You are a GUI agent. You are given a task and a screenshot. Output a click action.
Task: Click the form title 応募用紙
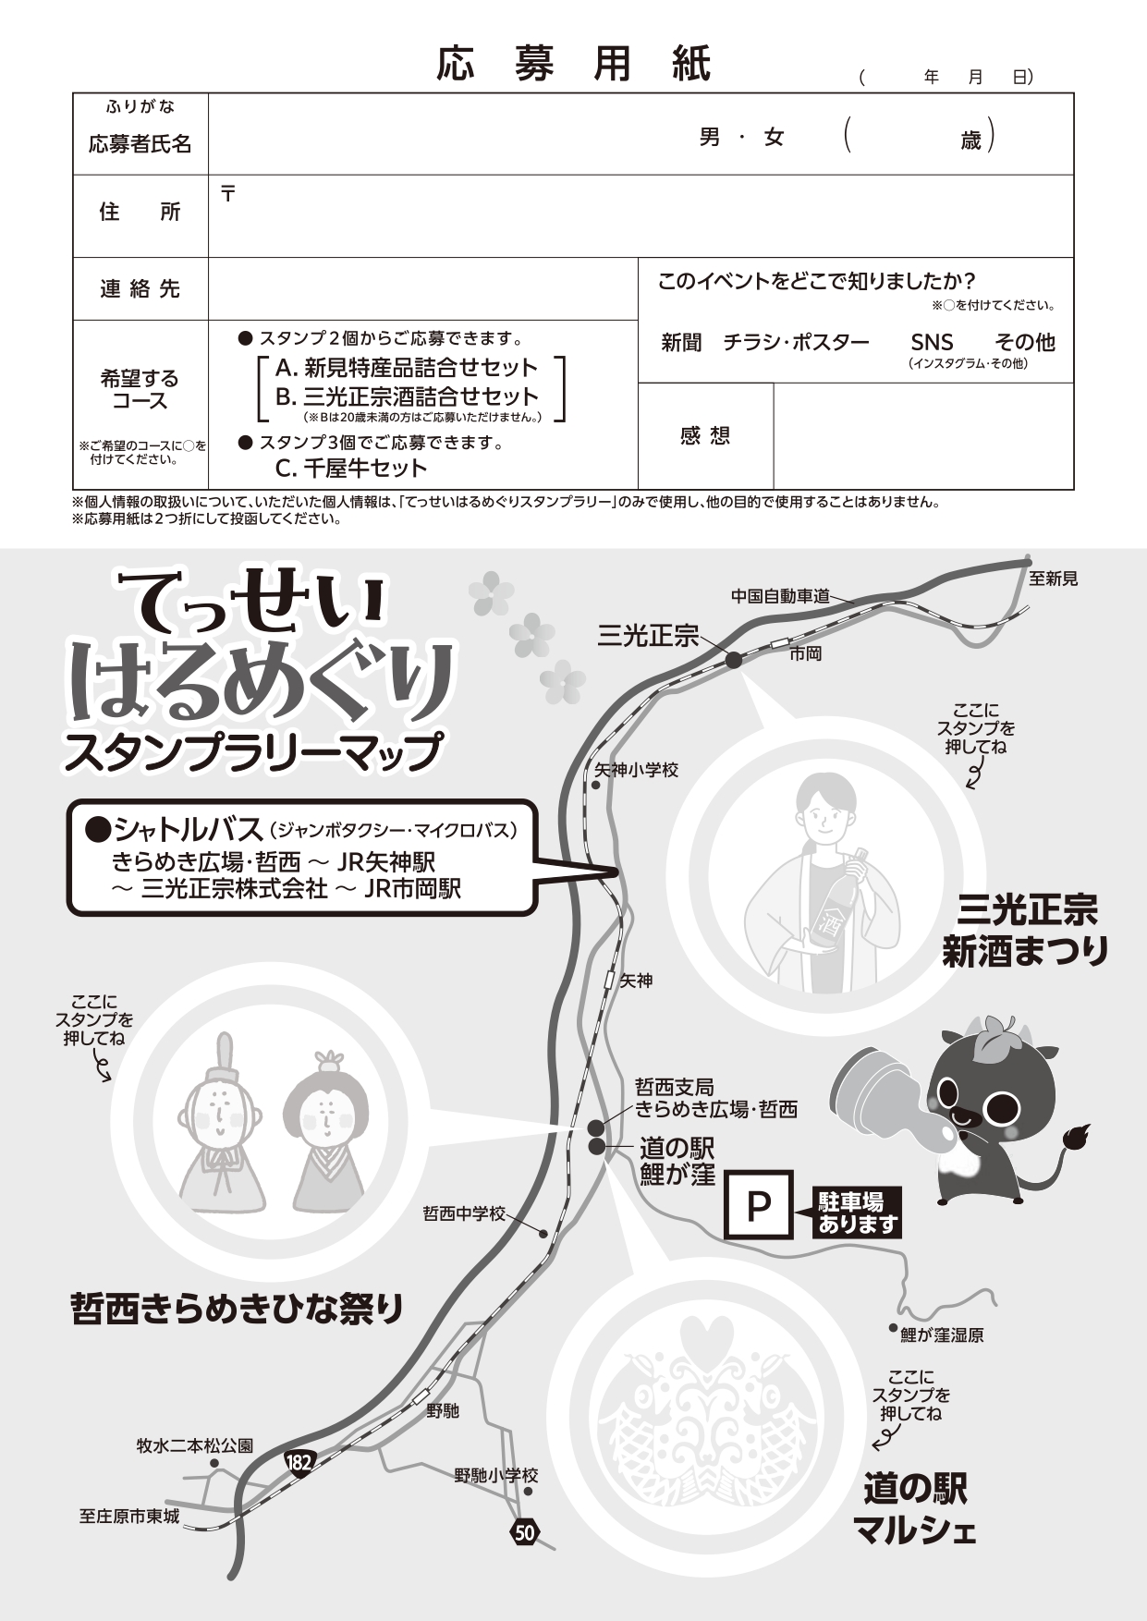tap(574, 65)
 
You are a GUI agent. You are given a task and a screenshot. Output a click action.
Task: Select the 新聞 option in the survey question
tap(681, 343)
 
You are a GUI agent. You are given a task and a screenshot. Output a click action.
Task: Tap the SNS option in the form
tap(932, 342)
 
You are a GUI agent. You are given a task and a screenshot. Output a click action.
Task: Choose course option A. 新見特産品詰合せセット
tap(406, 368)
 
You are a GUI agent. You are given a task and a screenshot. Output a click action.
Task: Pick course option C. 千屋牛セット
tap(351, 468)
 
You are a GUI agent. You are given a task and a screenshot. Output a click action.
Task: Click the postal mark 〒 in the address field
tap(228, 193)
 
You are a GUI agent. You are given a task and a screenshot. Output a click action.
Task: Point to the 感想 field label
tap(705, 435)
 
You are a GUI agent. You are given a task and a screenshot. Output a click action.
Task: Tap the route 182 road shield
tap(299, 1461)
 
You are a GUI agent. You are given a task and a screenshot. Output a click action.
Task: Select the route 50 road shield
tap(524, 1532)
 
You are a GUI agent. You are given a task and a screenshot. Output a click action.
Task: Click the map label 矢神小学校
tap(636, 770)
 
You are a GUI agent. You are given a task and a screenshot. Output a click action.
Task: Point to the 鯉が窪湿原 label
tap(942, 1335)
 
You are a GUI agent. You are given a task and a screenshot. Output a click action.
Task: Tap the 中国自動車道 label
tap(780, 596)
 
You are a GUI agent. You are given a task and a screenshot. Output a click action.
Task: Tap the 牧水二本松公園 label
tap(195, 1445)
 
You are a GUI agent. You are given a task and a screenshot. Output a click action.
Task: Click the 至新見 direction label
tap(1054, 579)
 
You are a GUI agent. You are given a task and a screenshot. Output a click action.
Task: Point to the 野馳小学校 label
tap(495, 1476)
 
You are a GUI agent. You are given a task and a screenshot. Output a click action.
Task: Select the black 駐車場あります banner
tap(854, 1213)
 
